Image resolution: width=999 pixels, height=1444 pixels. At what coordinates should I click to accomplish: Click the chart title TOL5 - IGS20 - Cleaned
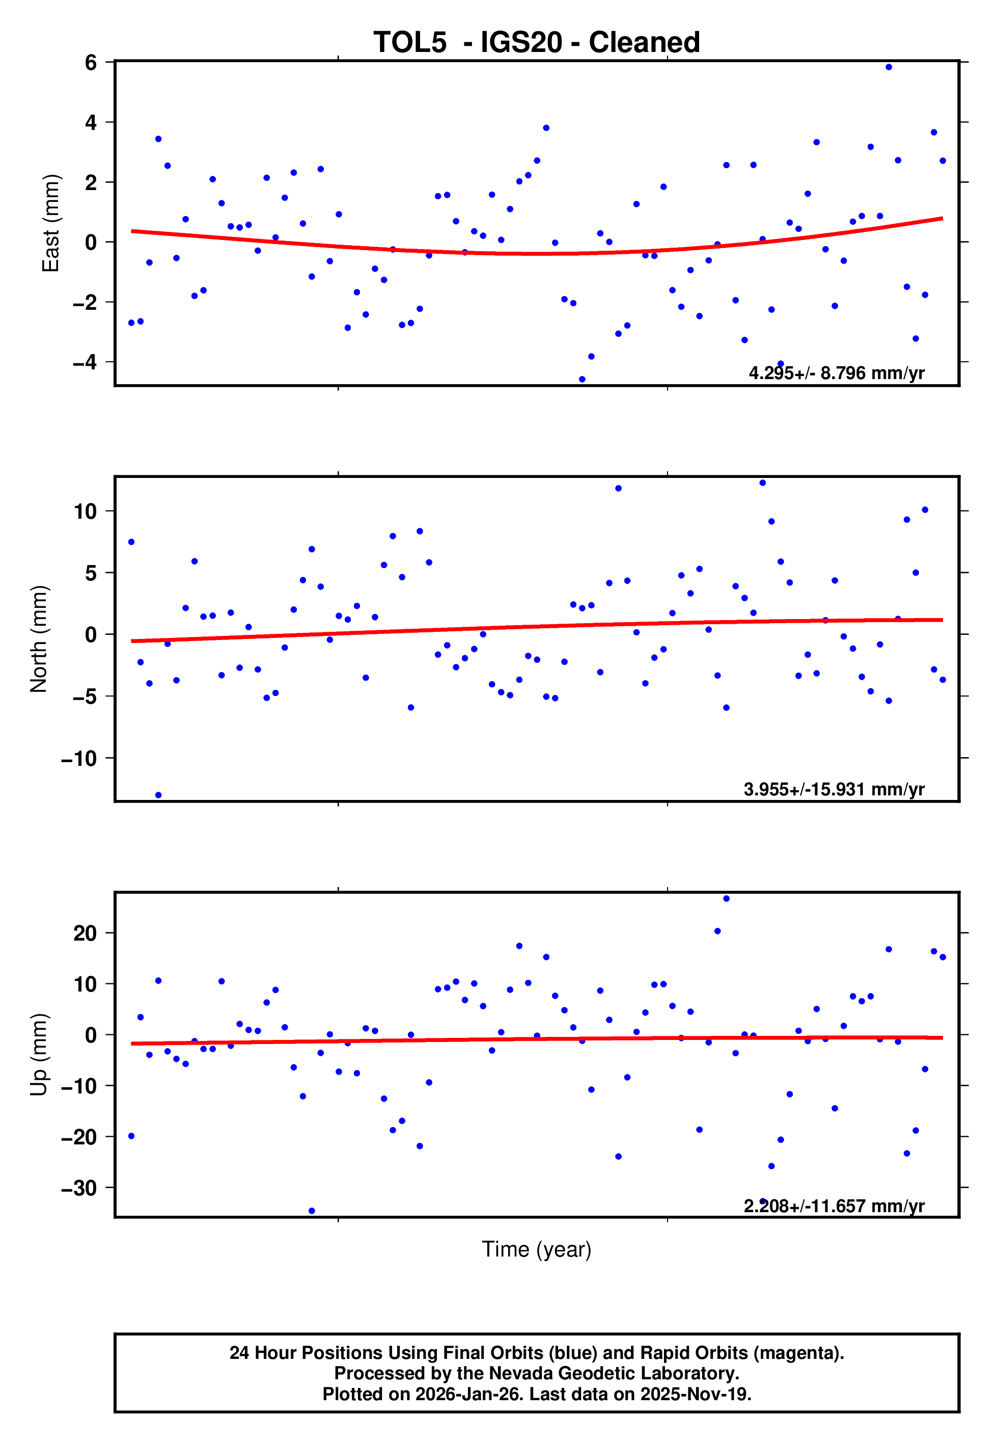coord(537,43)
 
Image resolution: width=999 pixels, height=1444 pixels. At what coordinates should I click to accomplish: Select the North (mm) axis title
coord(39,639)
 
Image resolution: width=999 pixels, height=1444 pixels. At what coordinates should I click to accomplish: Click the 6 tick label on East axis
coord(91,62)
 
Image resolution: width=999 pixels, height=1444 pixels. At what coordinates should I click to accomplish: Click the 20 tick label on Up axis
coord(85,933)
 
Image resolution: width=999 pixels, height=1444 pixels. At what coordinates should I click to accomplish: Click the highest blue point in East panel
coord(889,67)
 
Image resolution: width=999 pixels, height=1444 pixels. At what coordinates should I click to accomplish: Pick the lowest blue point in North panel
coord(158,795)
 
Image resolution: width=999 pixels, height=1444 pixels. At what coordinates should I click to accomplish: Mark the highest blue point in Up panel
coord(726,899)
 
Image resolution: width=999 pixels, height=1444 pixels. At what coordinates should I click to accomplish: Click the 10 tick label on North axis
coord(85,511)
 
